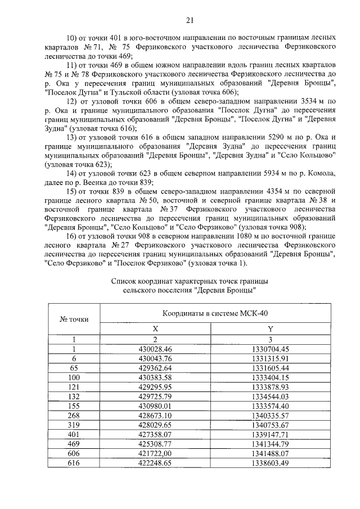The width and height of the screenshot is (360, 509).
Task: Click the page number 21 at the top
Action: click(190, 21)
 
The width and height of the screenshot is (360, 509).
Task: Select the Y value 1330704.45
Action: click(270, 349)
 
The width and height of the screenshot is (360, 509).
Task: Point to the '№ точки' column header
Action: click(74, 319)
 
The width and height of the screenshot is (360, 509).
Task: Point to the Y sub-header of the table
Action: click(270, 329)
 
